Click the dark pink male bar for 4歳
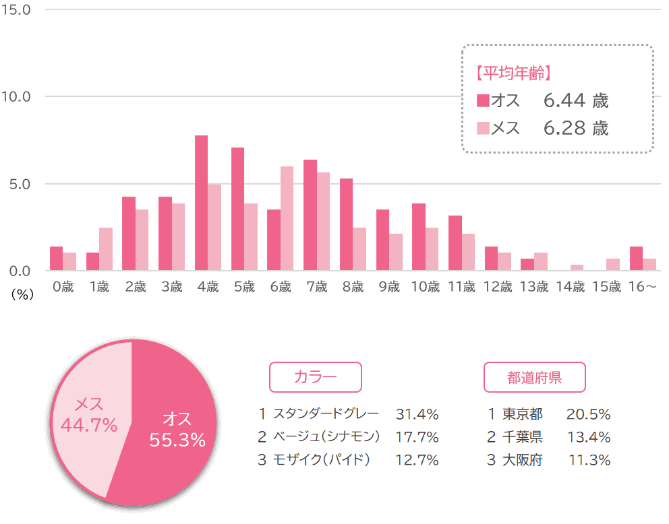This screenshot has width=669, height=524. coord(202,203)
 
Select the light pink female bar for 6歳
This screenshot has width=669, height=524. coord(287,218)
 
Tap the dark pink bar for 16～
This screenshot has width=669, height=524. coord(636,259)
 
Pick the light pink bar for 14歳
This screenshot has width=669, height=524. coord(577,267)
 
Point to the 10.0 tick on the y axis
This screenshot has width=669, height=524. coord(16,97)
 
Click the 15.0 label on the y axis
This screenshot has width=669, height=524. coord(16,10)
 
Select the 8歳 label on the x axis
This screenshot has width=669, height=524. coord(353,287)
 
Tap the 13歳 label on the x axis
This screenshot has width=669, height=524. coord(533,287)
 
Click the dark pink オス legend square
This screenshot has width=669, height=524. coord(483,100)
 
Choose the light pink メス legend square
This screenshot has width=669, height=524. coord(483,128)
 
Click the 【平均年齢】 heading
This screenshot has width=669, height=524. coord(514,73)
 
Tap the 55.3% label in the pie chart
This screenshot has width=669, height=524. coord(177,440)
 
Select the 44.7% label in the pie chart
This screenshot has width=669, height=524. coord(89,425)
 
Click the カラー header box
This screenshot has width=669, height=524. coord(316,377)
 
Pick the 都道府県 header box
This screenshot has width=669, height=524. coord(534,377)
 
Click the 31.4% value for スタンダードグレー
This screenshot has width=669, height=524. coord(417,414)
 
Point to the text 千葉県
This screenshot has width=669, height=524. coord(522,437)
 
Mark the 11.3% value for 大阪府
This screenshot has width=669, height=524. coord(589,460)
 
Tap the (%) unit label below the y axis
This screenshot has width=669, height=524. coord(22,294)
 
